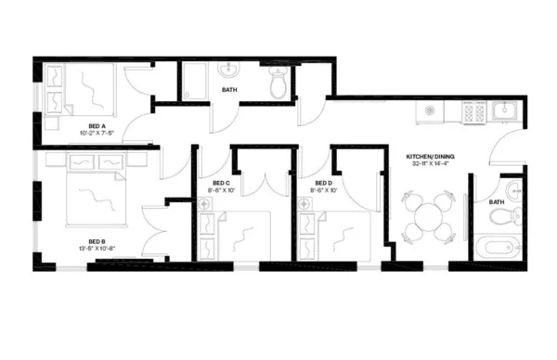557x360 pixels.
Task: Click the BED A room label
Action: (x=97, y=125)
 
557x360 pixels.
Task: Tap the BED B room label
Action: (x=97, y=241)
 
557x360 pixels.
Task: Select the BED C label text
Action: (x=221, y=183)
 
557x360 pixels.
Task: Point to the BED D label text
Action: (x=323, y=183)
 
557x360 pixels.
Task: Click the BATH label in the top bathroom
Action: (x=229, y=90)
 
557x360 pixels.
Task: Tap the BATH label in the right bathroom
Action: (x=497, y=201)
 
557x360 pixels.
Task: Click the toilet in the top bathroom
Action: (x=276, y=84)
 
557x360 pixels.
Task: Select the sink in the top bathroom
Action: (x=229, y=71)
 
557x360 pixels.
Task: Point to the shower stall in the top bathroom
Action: (x=196, y=82)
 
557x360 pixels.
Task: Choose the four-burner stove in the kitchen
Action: (x=473, y=112)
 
